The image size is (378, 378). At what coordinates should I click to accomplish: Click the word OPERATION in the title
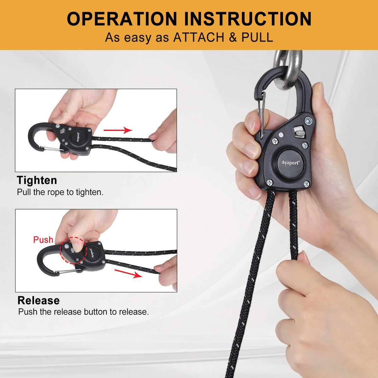[122, 19]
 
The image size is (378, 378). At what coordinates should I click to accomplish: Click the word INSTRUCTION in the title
[248, 19]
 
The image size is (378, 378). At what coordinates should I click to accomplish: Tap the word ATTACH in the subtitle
[198, 37]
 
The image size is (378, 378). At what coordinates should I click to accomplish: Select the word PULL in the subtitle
[257, 37]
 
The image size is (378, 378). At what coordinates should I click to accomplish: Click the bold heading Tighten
[37, 180]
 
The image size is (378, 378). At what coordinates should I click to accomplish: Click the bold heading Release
[38, 300]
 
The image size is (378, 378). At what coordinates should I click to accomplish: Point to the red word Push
[43, 240]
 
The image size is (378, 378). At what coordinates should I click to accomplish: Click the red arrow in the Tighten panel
[118, 130]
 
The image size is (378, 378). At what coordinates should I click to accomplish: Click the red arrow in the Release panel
[129, 274]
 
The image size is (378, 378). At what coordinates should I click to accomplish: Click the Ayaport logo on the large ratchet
[290, 163]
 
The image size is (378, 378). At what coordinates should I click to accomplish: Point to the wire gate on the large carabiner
[261, 115]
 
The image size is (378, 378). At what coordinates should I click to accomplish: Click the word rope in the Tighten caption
[56, 192]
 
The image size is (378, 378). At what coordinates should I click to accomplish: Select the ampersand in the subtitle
[232, 37]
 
